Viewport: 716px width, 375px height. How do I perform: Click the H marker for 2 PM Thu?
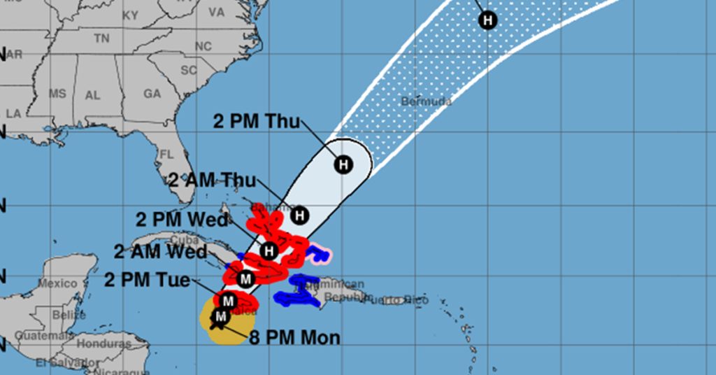[343, 165]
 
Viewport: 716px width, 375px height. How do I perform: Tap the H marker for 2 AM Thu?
[300, 215]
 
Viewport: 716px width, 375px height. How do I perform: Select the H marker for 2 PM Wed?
[269, 250]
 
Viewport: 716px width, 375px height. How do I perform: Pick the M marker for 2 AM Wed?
[245, 279]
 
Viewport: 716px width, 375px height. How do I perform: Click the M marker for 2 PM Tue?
[227, 301]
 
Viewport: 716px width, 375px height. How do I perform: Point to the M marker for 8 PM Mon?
[220, 317]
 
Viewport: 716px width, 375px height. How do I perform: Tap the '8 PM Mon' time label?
[294, 338]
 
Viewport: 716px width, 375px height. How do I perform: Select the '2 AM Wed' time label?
[160, 252]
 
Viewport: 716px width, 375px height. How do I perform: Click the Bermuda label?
[426, 101]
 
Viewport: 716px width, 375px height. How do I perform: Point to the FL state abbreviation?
[166, 154]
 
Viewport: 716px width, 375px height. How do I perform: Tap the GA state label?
[152, 94]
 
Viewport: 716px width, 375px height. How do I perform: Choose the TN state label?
[102, 38]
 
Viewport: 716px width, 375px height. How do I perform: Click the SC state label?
[189, 70]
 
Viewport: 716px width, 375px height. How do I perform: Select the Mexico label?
[58, 283]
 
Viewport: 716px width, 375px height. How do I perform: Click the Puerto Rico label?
[405, 300]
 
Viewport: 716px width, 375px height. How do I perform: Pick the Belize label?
[69, 315]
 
